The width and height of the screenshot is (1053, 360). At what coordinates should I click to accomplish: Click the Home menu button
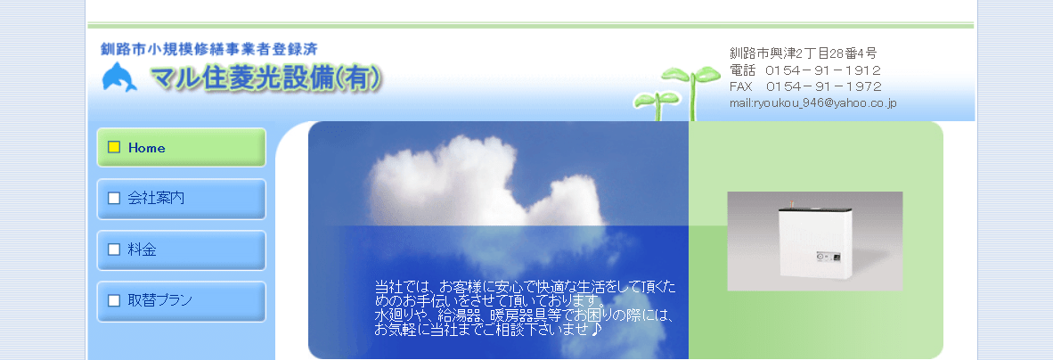pyautogui.click(x=181, y=148)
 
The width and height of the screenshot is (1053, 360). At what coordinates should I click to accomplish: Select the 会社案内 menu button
pyautogui.click(x=181, y=199)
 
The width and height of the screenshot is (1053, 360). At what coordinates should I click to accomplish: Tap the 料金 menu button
pyautogui.click(x=181, y=250)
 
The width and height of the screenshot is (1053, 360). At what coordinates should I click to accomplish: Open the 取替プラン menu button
pyautogui.click(x=181, y=300)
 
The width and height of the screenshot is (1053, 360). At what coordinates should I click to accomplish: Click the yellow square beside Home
pyautogui.click(x=114, y=148)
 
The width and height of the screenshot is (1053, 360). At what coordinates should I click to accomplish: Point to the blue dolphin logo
pyautogui.click(x=120, y=78)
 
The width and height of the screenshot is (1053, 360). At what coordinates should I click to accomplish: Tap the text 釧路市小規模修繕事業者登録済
pyautogui.click(x=209, y=48)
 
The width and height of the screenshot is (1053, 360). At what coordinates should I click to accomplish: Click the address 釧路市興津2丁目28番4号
pyautogui.click(x=803, y=53)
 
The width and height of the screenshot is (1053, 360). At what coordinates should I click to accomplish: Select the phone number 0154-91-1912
pyautogui.click(x=823, y=70)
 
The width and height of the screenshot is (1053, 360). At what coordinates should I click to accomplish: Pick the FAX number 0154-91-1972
pyautogui.click(x=823, y=86)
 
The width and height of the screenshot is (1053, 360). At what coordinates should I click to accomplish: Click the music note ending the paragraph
pyautogui.click(x=596, y=329)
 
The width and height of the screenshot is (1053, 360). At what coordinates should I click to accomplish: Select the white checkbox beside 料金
pyautogui.click(x=114, y=250)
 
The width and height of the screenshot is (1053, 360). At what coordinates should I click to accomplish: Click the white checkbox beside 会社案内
pyautogui.click(x=114, y=199)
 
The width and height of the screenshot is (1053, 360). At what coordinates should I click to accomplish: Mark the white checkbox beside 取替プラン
pyautogui.click(x=114, y=300)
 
